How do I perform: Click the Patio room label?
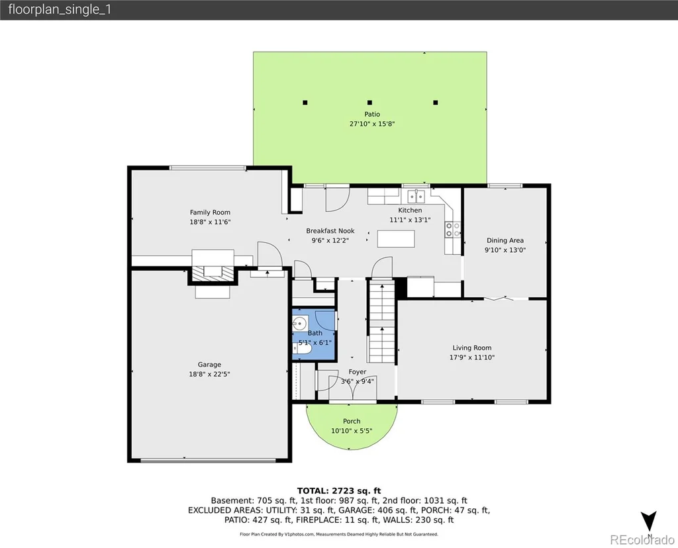click(x=372, y=114)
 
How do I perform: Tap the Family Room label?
click(x=210, y=212)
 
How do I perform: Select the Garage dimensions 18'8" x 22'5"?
click(x=209, y=374)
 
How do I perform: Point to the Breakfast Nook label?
click(x=330, y=231)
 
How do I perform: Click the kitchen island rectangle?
click(x=396, y=239)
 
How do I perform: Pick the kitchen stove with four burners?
click(x=453, y=230)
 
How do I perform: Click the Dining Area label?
click(x=505, y=240)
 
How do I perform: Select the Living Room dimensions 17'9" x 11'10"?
click(x=471, y=357)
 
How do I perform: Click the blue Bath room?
click(x=314, y=334)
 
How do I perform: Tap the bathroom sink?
click(x=300, y=323)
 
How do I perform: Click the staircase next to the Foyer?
click(x=381, y=321)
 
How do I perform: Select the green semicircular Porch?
click(x=352, y=426)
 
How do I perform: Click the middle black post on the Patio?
click(x=369, y=103)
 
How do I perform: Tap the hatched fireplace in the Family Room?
click(x=213, y=273)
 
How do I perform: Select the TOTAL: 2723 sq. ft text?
click(x=339, y=490)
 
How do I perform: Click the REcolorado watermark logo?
click(x=642, y=539)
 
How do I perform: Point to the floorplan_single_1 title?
click(x=60, y=9)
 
